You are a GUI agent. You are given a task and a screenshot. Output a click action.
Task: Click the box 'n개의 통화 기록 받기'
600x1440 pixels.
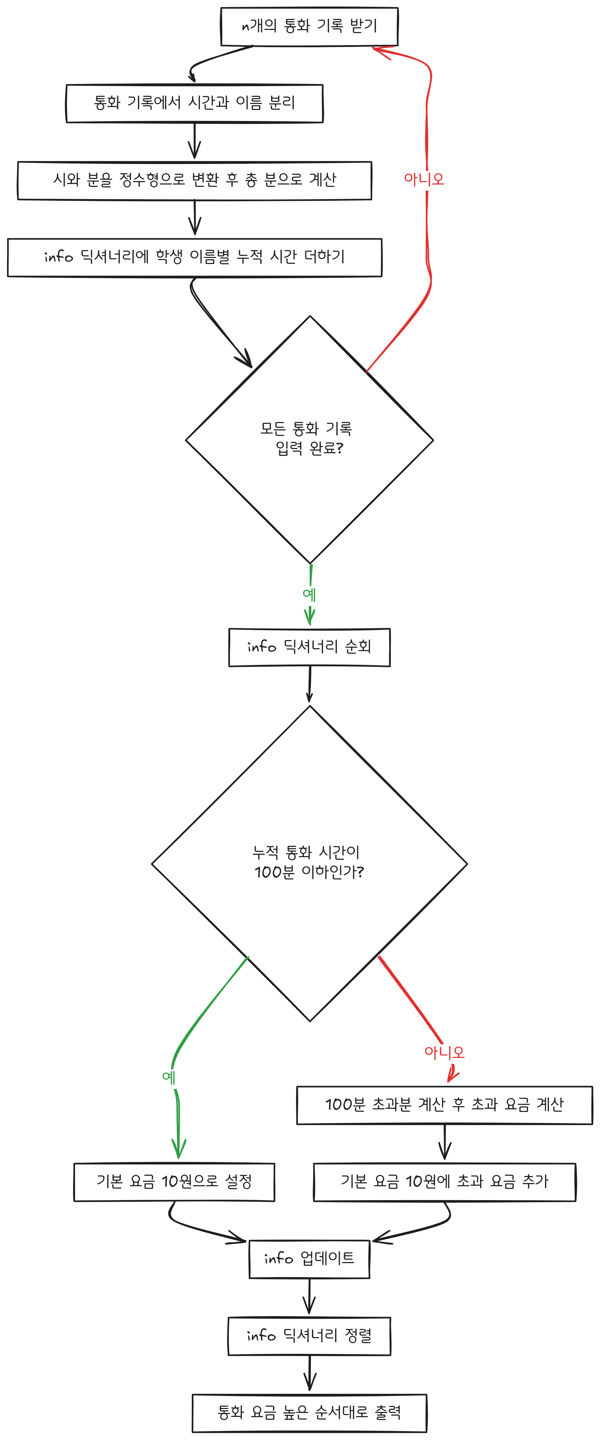(309, 26)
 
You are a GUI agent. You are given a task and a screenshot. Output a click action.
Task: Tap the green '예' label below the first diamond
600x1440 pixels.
(309, 594)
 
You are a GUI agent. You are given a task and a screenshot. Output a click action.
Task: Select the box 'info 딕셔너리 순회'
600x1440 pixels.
(309, 647)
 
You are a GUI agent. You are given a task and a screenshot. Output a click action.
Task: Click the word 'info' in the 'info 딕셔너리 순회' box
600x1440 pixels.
(262, 647)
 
